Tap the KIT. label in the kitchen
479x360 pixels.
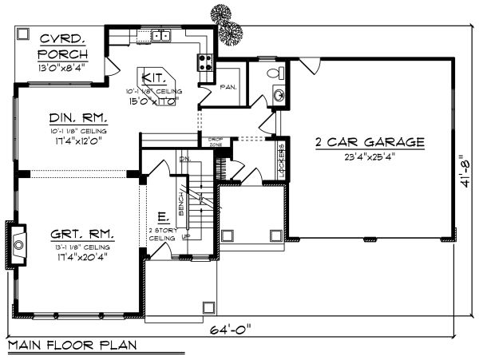(x=153, y=78)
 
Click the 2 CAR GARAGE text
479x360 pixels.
(x=369, y=142)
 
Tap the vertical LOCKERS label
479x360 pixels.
(x=282, y=157)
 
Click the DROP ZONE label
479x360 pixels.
(x=215, y=141)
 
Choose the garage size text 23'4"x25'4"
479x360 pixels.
(x=370, y=156)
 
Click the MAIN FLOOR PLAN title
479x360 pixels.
(x=72, y=346)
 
